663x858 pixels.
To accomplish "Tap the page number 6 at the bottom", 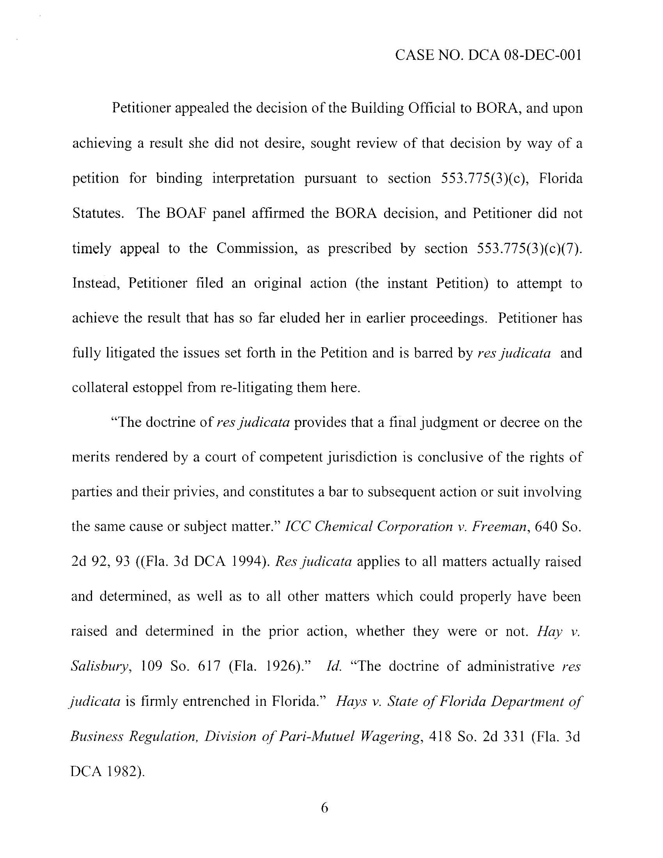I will (x=324, y=808).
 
